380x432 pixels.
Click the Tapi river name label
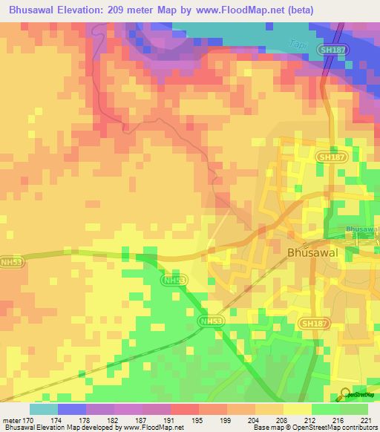coord(297,44)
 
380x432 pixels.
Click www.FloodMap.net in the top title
coord(249,10)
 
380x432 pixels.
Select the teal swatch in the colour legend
coord(44,409)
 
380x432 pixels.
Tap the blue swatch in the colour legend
coord(72,409)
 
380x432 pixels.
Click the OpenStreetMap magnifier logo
coord(345,394)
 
